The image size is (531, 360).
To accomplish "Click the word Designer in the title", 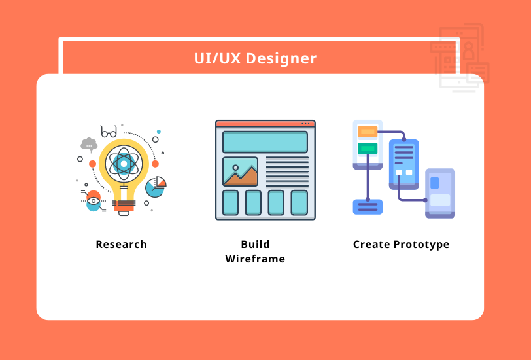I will click(283, 59).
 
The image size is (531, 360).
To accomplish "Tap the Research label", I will click(121, 245).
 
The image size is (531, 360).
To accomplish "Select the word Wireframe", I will click(255, 259).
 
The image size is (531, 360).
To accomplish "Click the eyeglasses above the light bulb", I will click(109, 132).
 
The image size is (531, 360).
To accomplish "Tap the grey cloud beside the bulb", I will click(88, 144).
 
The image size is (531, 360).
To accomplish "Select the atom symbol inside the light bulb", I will click(124, 163).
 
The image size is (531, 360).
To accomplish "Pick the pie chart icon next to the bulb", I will click(156, 187).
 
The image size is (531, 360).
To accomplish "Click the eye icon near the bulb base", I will click(94, 201).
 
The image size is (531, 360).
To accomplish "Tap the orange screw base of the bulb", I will click(124, 205).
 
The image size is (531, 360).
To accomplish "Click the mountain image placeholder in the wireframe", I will click(240, 171).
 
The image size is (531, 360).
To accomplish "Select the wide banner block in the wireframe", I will click(265, 142).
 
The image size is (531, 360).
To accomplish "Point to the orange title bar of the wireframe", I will click(265, 123).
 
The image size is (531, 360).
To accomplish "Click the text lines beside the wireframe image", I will click(286, 171).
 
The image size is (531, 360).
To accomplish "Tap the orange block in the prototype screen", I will click(368, 132).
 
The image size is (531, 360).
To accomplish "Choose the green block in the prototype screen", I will click(368, 149).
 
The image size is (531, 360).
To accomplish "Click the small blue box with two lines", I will click(368, 207).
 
